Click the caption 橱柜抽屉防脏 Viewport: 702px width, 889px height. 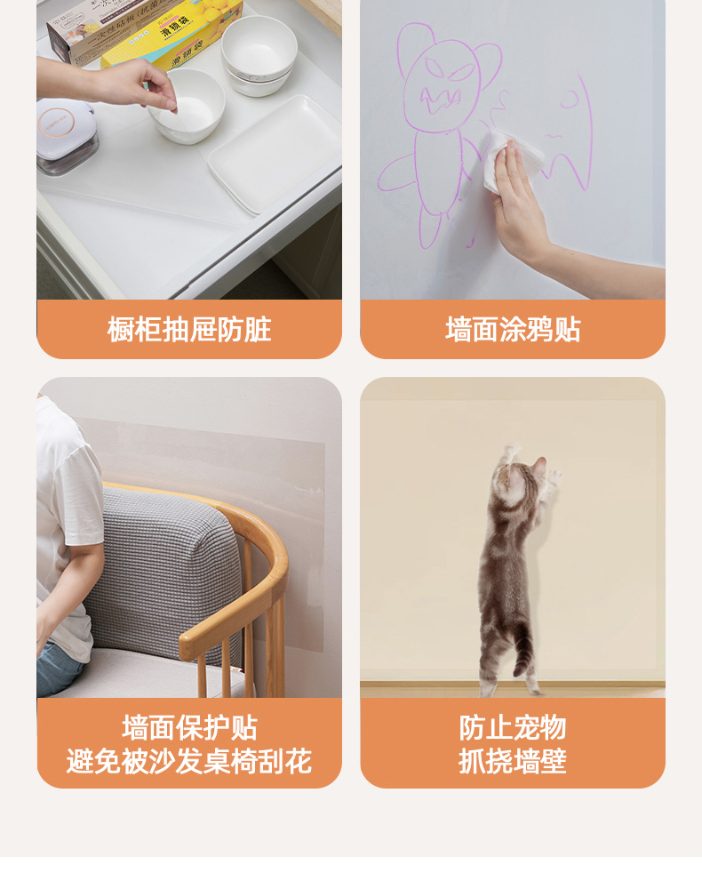point(189,330)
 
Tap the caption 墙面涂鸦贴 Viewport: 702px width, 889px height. point(513,330)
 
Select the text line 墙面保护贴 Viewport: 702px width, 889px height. point(189,727)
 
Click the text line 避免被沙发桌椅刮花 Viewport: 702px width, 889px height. point(189,761)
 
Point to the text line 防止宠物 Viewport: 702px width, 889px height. point(513,727)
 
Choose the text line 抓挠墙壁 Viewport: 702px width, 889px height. point(513,761)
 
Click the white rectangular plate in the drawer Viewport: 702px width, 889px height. point(275,153)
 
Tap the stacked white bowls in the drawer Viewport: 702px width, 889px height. point(259,54)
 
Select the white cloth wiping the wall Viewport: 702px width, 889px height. point(512,160)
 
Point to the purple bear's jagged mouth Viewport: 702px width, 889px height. point(440,100)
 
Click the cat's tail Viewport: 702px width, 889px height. point(522,646)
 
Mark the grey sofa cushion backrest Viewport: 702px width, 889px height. point(164,573)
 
